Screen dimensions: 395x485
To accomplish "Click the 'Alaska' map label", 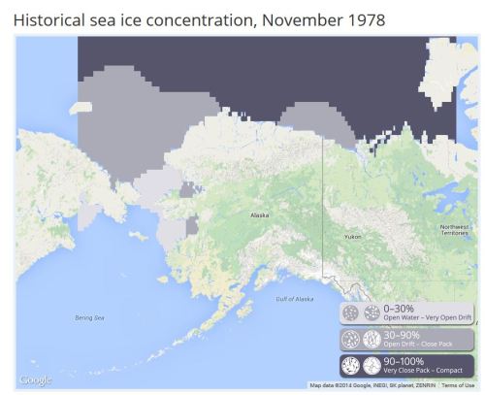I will pos(260,215).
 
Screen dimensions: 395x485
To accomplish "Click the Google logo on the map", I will pos(36,379).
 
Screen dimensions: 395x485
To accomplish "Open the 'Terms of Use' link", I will pos(458,385).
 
